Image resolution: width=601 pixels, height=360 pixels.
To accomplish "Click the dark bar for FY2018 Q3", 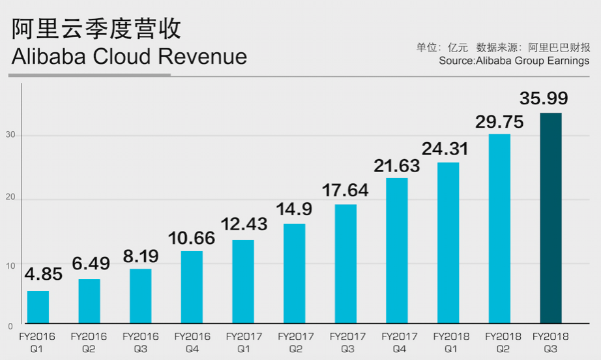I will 551,218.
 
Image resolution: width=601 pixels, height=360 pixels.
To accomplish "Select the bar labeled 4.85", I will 38,307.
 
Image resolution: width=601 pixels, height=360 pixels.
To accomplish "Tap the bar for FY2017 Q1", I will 243,281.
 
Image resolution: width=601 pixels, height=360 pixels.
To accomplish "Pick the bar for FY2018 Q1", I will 448,243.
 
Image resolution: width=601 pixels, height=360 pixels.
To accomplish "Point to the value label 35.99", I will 544,98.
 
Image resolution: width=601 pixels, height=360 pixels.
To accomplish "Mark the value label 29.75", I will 501,121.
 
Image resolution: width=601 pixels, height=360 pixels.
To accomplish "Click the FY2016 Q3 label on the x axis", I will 140,342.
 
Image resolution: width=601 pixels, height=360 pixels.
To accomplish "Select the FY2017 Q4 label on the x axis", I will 399,342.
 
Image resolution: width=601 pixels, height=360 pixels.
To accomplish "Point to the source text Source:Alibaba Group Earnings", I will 514,61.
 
